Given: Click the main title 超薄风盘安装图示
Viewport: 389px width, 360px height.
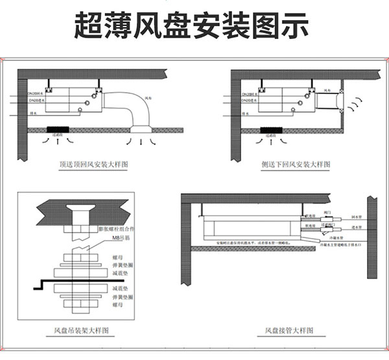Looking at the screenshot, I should click(194, 27).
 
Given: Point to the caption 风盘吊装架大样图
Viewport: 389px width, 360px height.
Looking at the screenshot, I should click(84, 331).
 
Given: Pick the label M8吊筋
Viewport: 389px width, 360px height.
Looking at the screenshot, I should click(121, 239).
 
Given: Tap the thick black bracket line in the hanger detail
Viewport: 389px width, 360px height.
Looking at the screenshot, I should click(65, 281).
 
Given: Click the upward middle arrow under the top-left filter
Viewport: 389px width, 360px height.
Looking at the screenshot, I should click(59, 140).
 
